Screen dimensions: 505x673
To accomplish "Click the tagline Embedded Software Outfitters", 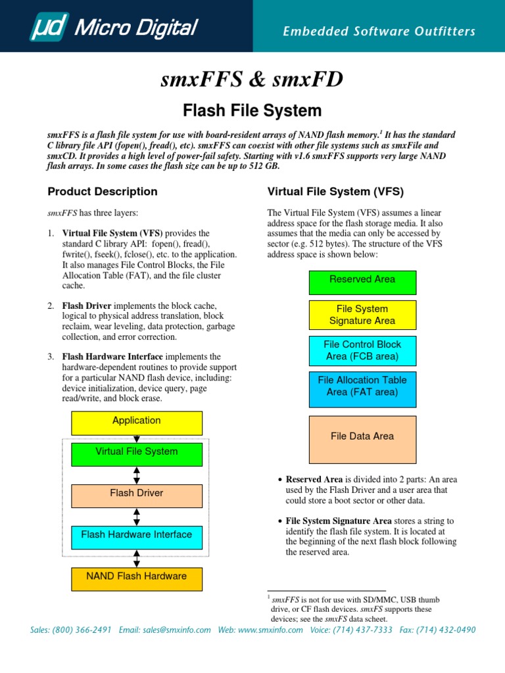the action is [379, 32].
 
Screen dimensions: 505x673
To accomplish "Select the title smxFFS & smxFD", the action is [252, 80].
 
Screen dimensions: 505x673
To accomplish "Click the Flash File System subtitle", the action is [252, 110].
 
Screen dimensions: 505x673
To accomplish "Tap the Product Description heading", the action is [103, 192].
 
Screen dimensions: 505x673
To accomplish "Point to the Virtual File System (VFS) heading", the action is [335, 192].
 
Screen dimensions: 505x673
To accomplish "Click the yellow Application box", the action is [137, 421].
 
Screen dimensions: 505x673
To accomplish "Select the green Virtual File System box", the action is [137, 452].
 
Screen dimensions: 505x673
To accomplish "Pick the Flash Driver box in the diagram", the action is [137, 494].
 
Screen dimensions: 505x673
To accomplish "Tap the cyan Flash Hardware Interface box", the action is [137, 535].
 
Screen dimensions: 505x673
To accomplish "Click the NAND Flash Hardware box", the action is [137, 577].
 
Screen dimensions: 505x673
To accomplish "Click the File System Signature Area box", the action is [362, 315].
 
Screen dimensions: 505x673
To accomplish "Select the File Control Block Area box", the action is [362, 350].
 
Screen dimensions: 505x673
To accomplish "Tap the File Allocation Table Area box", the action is [362, 386].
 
